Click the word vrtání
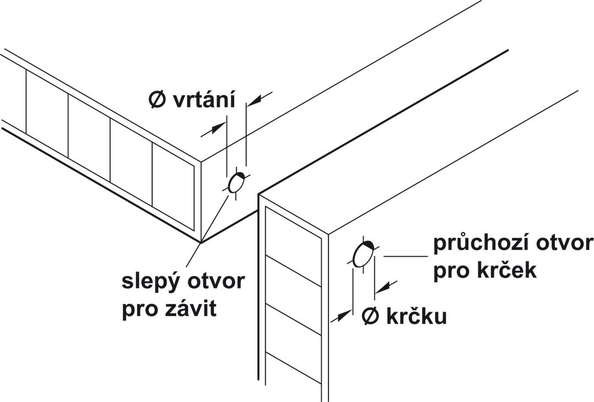coord(204,100)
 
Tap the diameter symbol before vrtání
coord(157,100)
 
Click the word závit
coord(191,308)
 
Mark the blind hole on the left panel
coord(236,183)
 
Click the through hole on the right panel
coord(363,254)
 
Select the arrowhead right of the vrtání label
coord(255,100)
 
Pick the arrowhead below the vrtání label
coord(218,128)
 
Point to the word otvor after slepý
coord(214,282)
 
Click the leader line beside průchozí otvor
coord(406,256)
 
